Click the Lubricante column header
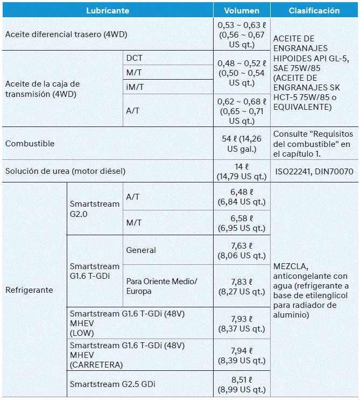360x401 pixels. pos(108,10)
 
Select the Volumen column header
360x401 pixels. pos(242,10)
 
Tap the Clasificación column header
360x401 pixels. pos(314,10)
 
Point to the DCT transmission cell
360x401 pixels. pos(135,58)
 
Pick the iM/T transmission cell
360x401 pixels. pos(135,86)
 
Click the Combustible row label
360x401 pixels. pos(30,144)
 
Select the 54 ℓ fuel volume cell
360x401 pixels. pos(242,144)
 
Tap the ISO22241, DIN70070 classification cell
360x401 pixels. pos(314,171)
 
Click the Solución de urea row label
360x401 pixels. pos(65,171)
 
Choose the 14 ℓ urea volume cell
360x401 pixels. pos(242,171)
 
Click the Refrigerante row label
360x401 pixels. pos(29,290)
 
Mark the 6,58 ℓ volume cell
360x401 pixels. pos(242,222)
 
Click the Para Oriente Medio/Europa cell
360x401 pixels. pos(161,286)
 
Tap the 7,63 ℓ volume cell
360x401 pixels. pos(242,251)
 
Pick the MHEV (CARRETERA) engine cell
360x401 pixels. pos(127,355)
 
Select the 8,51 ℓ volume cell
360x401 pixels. pos(242,384)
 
